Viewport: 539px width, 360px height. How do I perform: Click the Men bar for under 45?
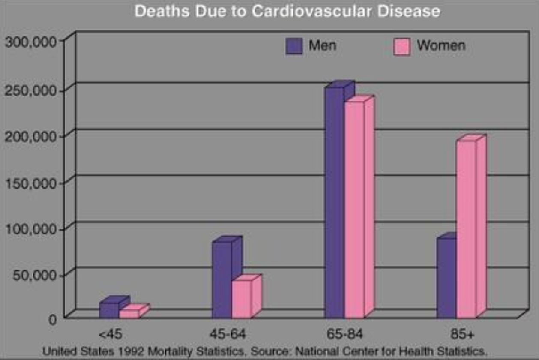click(x=109, y=310)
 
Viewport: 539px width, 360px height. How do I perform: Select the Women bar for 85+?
click(x=466, y=229)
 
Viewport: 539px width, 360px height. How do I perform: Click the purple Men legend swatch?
click(x=294, y=46)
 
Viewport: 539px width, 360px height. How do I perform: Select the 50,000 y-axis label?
click(x=35, y=275)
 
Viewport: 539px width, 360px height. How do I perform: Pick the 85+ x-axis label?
click(x=461, y=334)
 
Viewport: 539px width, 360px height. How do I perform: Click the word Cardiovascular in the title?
click(x=303, y=11)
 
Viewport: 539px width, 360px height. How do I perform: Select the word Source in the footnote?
click(x=266, y=351)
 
